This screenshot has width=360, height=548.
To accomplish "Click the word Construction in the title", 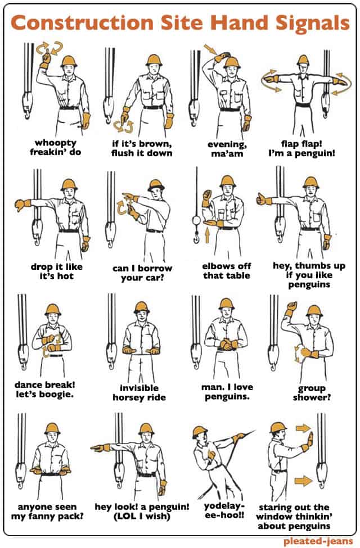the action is click(83, 22).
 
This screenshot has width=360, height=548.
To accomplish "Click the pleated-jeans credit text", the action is click(318, 541).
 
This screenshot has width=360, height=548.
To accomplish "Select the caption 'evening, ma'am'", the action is click(227, 149).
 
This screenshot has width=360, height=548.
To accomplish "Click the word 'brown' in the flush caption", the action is click(155, 144).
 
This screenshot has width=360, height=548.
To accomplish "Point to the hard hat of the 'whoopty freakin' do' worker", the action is click(69, 61).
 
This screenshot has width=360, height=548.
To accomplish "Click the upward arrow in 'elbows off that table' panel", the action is click(207, 235).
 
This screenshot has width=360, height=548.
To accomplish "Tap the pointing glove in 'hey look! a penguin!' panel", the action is click(101, 447).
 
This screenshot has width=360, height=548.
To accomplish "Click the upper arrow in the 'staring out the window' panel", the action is click(303, 428).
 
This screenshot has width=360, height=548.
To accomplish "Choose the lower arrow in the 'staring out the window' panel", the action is click(303, 481).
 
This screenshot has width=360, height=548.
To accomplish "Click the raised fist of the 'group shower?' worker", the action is click(290, 308).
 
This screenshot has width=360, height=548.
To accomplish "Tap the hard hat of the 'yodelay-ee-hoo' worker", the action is click(200, 432).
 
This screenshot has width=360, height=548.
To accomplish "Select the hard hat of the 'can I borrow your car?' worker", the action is click(156, 185).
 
